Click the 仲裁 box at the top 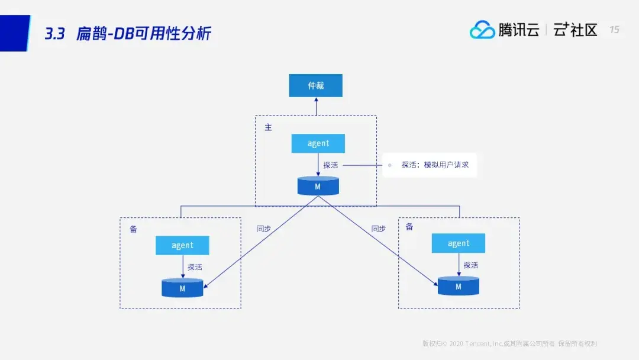pyautogui.click(x=315, y=85)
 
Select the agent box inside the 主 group pyautogui.click(x=318, y=144)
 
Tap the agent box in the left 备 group pyautogui.click(x=182, y=245)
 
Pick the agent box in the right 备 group pyautogui.click(x=458, y=243)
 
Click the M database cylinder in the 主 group pyautogui.click(x=318, y=187)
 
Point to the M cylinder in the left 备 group pyautogui.click(x=182, y=288)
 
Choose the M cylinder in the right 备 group pyautogui.click(x=458, y=287)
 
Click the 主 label pyautogui.click(x=268, y=127)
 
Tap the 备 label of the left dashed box pyautogui.click(x=133, y=229)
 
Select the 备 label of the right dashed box pyautogui.click(x=409, y=227)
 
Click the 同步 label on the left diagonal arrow pyautogui.click(x=264, y=229)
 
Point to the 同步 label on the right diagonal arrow pyautogui.click(x=378, y=229)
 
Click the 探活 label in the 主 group pyautogui.click(x=331, y=165)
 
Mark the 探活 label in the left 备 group pyautogui.click(x=195, y=267)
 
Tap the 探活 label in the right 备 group pyautogui.click(x=471, y=265)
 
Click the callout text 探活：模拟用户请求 pyautogui.click(x=435, y=165)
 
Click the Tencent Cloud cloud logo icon pyautogui.click(x=482, y=30)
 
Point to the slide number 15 pyautogui.click(x=614, y=30)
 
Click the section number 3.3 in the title pyautogui.click(x=54, y=34)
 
